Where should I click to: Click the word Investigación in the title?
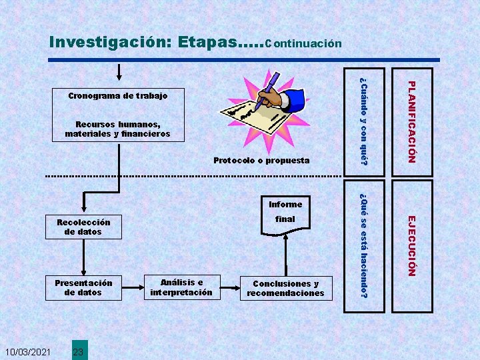pos(111,42)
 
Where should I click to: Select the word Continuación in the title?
pos(303,44)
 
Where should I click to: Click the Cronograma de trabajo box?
pos(118,96)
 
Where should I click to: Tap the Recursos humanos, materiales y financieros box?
pos(118,129)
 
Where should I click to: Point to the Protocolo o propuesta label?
pos(261,160)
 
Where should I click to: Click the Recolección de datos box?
pos(83,227)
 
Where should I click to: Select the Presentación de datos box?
pos(83,287)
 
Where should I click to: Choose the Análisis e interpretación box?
pos(181,287)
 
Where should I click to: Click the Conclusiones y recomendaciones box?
pos(285,288)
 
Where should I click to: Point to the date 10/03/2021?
pos(27,351)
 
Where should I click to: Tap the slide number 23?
pos(78,351)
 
